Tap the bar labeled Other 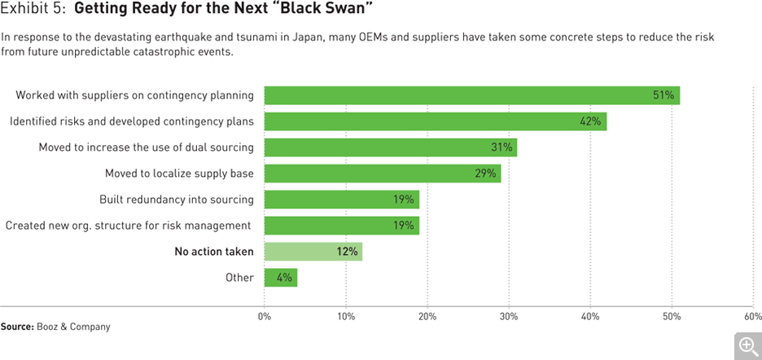pos(280,278)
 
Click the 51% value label pos(663,95)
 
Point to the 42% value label pos(590,121)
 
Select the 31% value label pos(501,147)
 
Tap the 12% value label pos(347,252)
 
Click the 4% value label pos(284,278)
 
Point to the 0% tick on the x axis pos(265,316)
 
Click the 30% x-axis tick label pos(509,316)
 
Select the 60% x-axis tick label pos(752,316)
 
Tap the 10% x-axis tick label pos(346,316)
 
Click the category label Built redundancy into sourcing pos(177,200)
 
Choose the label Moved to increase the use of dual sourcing pos(147,147)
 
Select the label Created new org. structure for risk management pos(128,226)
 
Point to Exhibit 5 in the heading pos(32,12)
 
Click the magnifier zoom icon pos(747,345)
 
